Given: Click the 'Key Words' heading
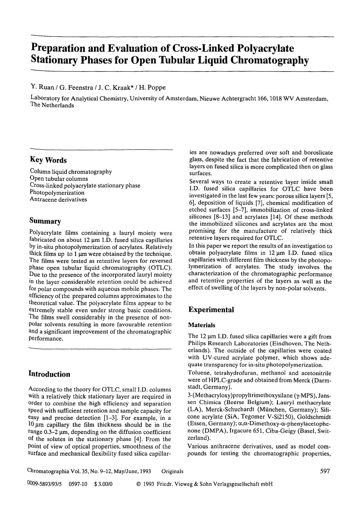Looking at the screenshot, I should (48, 160).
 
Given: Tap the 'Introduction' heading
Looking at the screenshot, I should (49, 374).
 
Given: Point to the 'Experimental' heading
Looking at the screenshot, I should (211, 310).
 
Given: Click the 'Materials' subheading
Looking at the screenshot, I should (202, 325).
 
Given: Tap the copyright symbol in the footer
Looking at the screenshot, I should (138, 484).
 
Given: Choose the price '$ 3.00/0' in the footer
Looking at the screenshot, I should (104, 484).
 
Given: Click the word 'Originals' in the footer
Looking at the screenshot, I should (172, 471).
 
